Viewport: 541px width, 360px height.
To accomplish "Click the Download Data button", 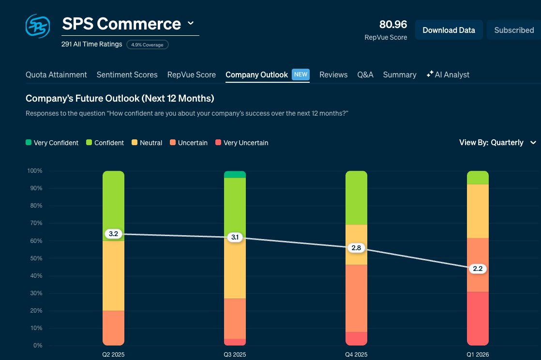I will (449, 30).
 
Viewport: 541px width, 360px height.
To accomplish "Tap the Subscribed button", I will (514, 30).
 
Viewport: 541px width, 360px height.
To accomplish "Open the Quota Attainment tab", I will (56, 75).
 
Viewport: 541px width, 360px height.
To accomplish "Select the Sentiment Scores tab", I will (127, 75).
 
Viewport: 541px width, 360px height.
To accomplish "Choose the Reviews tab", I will (333, 75).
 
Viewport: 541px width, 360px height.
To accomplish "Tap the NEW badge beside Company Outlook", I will (301, 75).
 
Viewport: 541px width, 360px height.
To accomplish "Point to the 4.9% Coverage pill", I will (148, 45).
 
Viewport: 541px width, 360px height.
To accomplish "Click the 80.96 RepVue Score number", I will (393, 24).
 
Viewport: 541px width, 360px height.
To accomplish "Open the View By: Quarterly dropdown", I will (497, 142).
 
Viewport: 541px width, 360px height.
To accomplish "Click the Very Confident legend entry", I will (52, 143).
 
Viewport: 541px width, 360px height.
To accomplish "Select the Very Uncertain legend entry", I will (241, 143).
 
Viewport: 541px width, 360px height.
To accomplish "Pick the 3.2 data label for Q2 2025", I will (114, 234).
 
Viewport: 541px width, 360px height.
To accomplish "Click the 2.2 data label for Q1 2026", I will (478, 269).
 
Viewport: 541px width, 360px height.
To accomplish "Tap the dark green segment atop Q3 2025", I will (235, 175).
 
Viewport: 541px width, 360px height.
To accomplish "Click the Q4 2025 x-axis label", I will (356, 355).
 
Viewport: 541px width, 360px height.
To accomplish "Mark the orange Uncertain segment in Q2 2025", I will (114, 328).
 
